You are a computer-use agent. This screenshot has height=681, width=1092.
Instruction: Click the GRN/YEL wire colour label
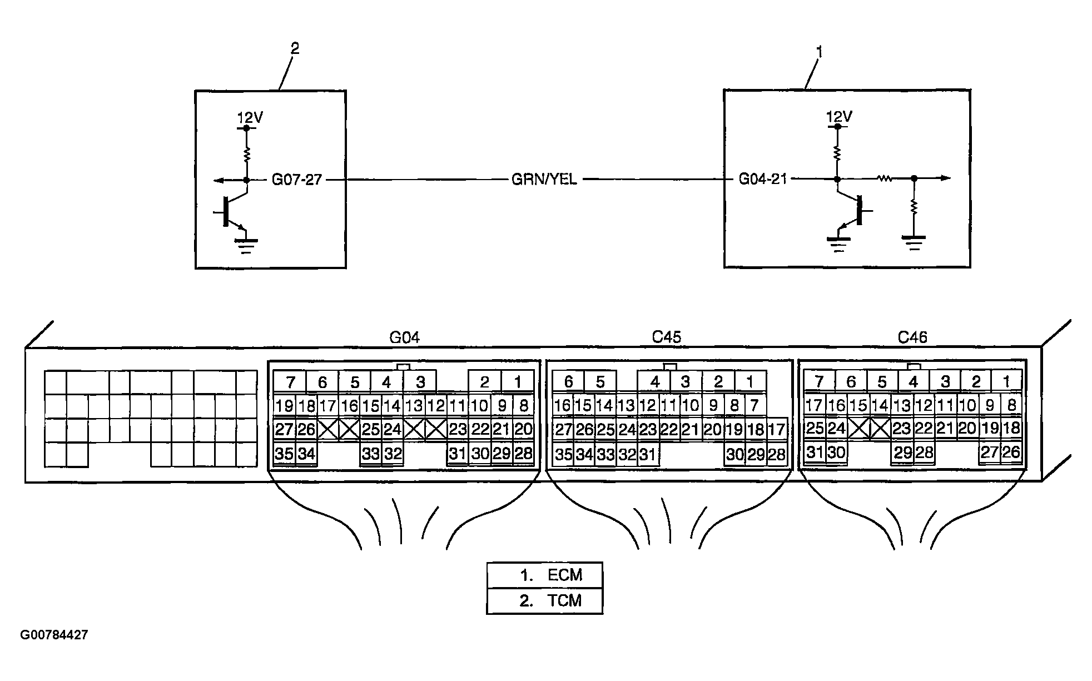click(544, 180)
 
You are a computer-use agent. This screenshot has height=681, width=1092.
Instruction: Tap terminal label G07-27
click(296, 180)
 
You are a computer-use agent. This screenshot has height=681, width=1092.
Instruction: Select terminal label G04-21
click(762, 179)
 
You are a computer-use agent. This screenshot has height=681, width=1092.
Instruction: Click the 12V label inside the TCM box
click(250, 118)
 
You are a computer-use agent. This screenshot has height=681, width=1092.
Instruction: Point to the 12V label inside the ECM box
click(840, 117)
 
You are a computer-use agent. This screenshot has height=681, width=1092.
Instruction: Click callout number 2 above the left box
click(295, 49)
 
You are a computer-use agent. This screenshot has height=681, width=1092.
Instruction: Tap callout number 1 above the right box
click(819, 52)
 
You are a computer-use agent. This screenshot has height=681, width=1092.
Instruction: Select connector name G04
click(404, 337)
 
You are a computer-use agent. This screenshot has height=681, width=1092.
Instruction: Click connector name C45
click(666, 337)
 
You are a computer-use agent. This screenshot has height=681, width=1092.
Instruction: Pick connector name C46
click(912, 337)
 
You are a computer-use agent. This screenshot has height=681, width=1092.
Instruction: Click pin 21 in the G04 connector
click(502, 429)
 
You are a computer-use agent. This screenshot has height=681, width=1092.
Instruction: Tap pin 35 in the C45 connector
click(563, 455)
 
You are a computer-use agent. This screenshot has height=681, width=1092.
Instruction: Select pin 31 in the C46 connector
click(815, 453)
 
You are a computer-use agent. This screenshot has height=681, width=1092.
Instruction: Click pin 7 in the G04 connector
click(290, 382)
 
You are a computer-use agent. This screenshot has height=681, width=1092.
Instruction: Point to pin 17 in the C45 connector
click(776, 429)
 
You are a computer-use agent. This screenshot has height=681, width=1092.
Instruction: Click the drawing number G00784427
click(54, 635)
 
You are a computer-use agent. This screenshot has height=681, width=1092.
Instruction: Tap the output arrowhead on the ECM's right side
click(945, 178)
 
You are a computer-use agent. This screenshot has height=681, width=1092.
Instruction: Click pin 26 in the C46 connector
click(1011, 453)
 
